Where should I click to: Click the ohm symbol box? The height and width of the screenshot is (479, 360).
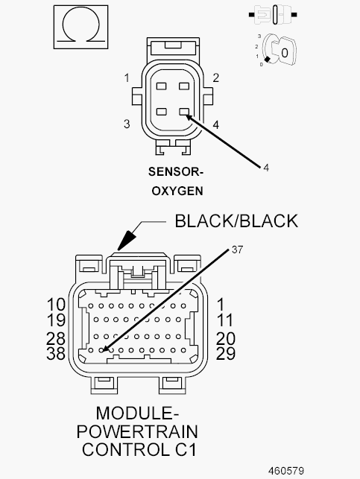pyautogui.click(x=81, y=27)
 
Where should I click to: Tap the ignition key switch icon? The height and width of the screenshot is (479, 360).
pyautogui.click(x=277, y=51)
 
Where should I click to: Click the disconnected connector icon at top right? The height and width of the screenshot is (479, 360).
pyautogui.click(x=273, y=14)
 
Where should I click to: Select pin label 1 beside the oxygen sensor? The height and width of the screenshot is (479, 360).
pyautogui.click(x=127, y=78)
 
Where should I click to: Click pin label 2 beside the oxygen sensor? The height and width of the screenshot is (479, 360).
pyautogui.click(x=215, y=78)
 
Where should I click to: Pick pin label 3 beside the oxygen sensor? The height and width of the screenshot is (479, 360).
pyautogui.click(x=127, y=124)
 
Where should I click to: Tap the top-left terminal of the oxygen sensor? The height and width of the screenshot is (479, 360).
pyautogui.click(x=161, y=86)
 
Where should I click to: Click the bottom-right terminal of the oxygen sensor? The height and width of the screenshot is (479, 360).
pyautogui.click(x=184, y=112)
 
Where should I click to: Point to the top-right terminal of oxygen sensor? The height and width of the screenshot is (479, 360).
pyautogui.click(x=184, y=86)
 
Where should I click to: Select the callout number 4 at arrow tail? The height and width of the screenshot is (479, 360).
pyautogui.click(x=266, y=168)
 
